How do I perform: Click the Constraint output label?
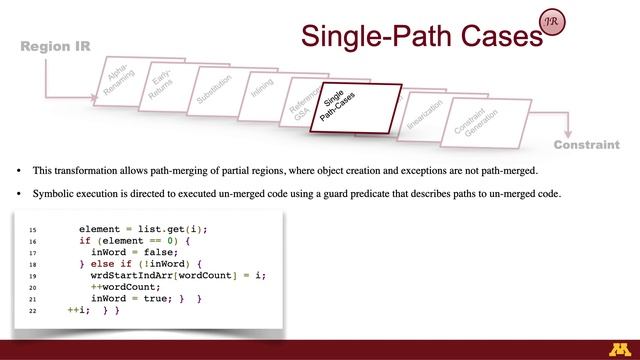[x=586, y=145]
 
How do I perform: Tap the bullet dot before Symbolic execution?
[x=19, y=193]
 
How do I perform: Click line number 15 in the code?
[x=33, y=229]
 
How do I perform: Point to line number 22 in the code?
[x=33, y=311]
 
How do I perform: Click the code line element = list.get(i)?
[x=149, y=229]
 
